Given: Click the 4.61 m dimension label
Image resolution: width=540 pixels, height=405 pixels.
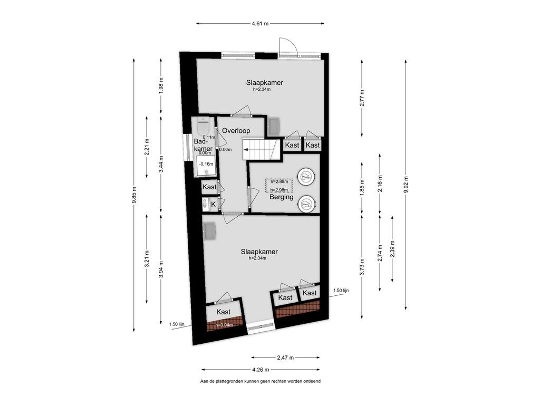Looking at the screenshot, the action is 260,24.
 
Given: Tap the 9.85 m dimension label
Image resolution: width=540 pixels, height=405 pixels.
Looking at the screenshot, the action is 134,195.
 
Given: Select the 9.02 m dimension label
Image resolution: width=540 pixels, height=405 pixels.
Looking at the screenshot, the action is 406,185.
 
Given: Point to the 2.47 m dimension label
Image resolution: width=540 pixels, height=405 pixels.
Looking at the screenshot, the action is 285,358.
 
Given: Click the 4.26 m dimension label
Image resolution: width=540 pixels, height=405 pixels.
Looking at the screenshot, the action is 261,370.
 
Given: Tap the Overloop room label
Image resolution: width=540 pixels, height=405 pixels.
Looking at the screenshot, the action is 236,131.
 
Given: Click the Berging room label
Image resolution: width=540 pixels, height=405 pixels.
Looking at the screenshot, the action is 282,197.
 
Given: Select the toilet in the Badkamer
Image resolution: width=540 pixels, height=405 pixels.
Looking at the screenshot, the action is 203,126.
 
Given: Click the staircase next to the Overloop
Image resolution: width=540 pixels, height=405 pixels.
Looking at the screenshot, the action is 261,149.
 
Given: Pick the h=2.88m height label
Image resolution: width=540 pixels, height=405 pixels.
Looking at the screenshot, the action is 279,181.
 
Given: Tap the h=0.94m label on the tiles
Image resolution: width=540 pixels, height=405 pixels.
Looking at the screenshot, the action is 224,325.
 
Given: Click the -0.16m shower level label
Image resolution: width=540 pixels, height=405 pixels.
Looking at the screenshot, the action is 206,165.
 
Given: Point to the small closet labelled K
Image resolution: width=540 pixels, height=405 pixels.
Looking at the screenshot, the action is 213,204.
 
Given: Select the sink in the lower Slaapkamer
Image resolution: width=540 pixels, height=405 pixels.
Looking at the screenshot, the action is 209,231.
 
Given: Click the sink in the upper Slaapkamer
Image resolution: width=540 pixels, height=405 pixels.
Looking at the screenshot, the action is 274,126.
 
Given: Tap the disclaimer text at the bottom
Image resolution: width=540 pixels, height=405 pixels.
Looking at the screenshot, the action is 261,381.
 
